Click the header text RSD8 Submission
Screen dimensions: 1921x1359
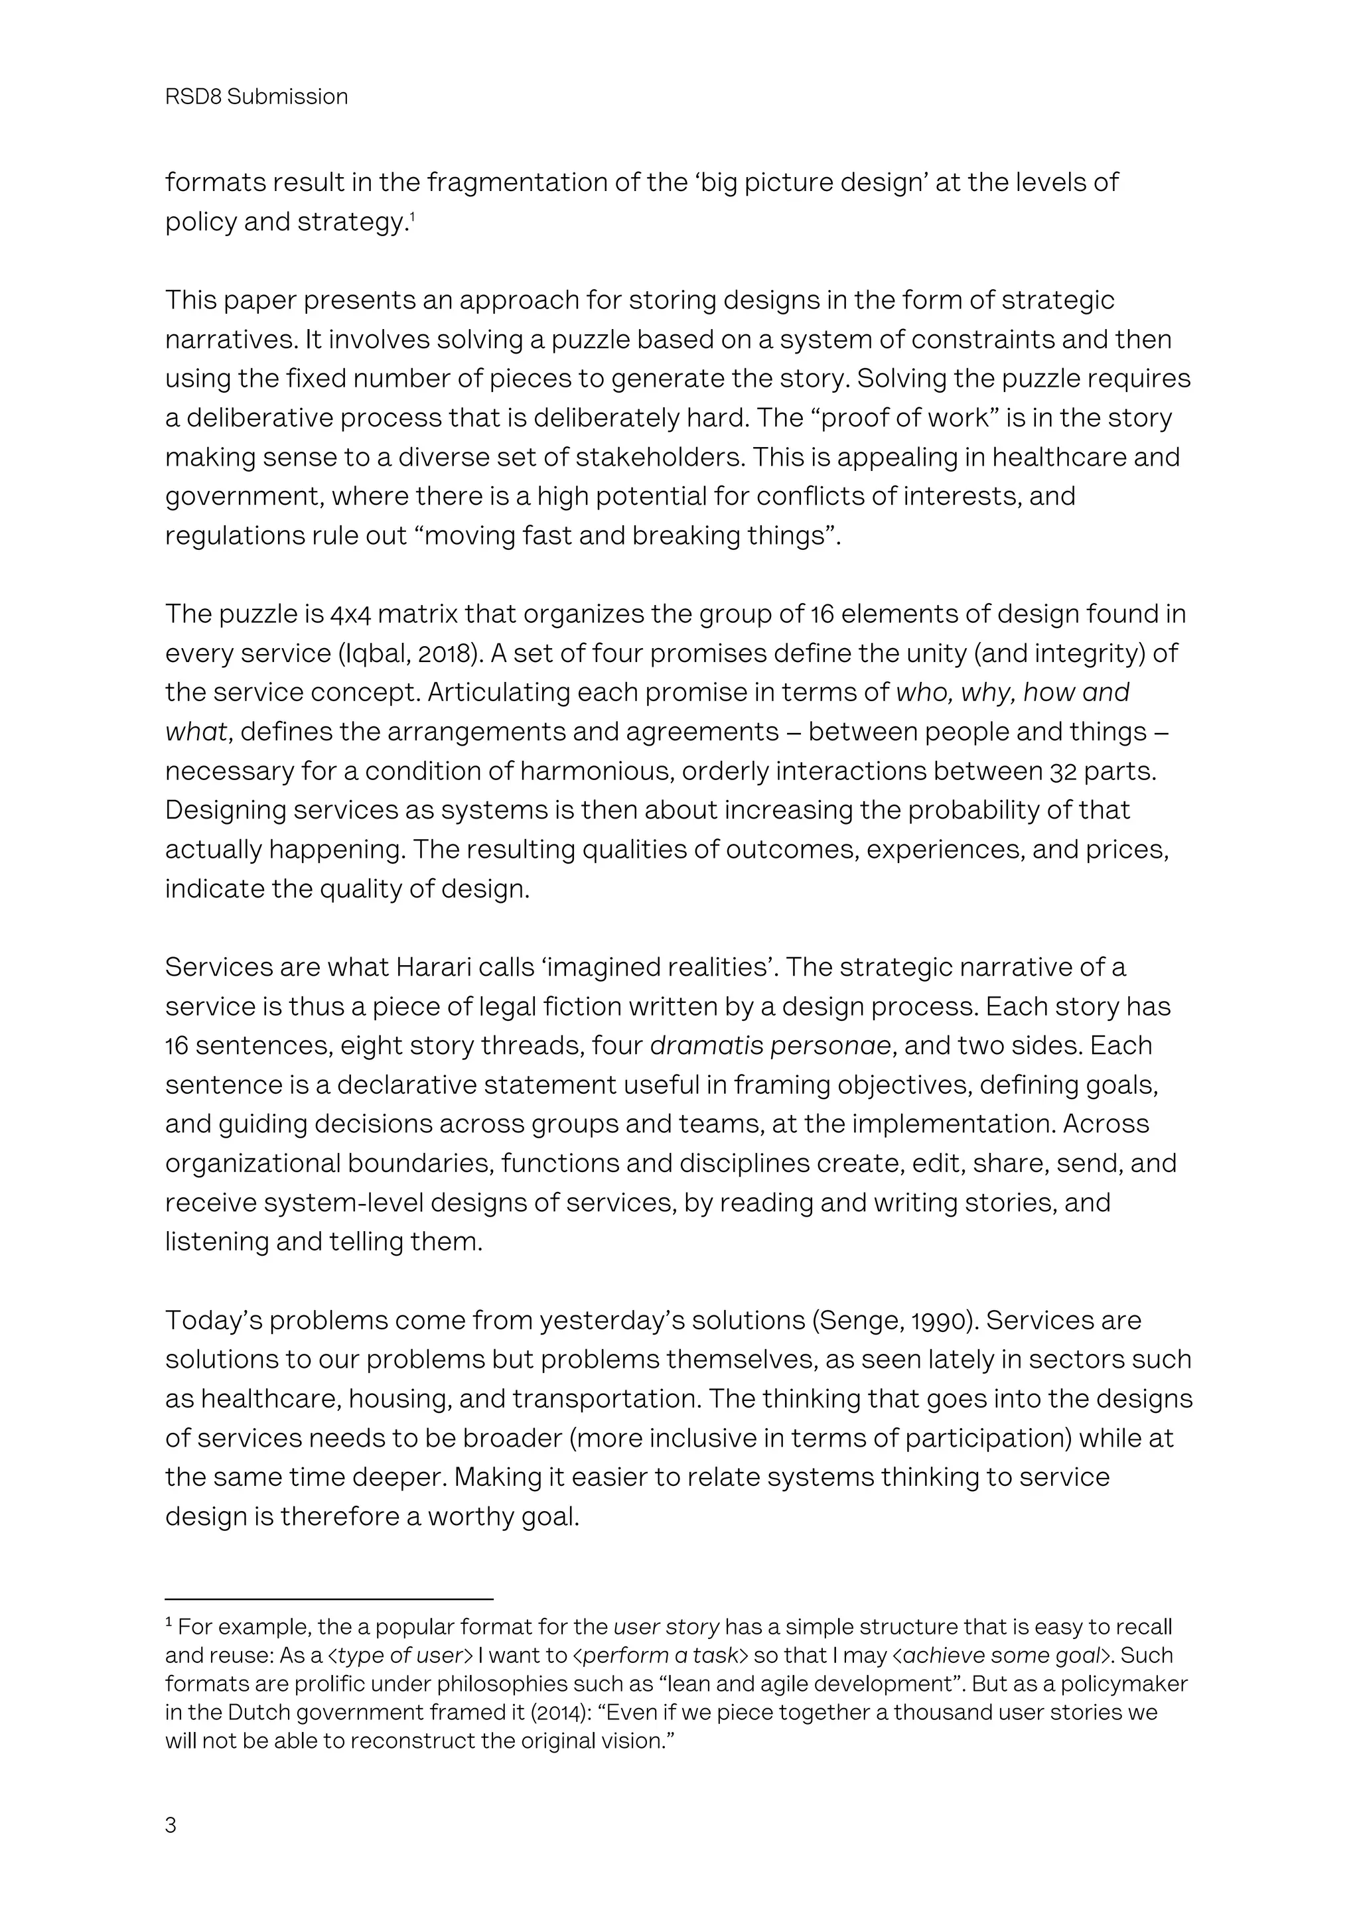click(256, 97)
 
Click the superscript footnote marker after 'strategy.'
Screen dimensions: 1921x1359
click(413, 217)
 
